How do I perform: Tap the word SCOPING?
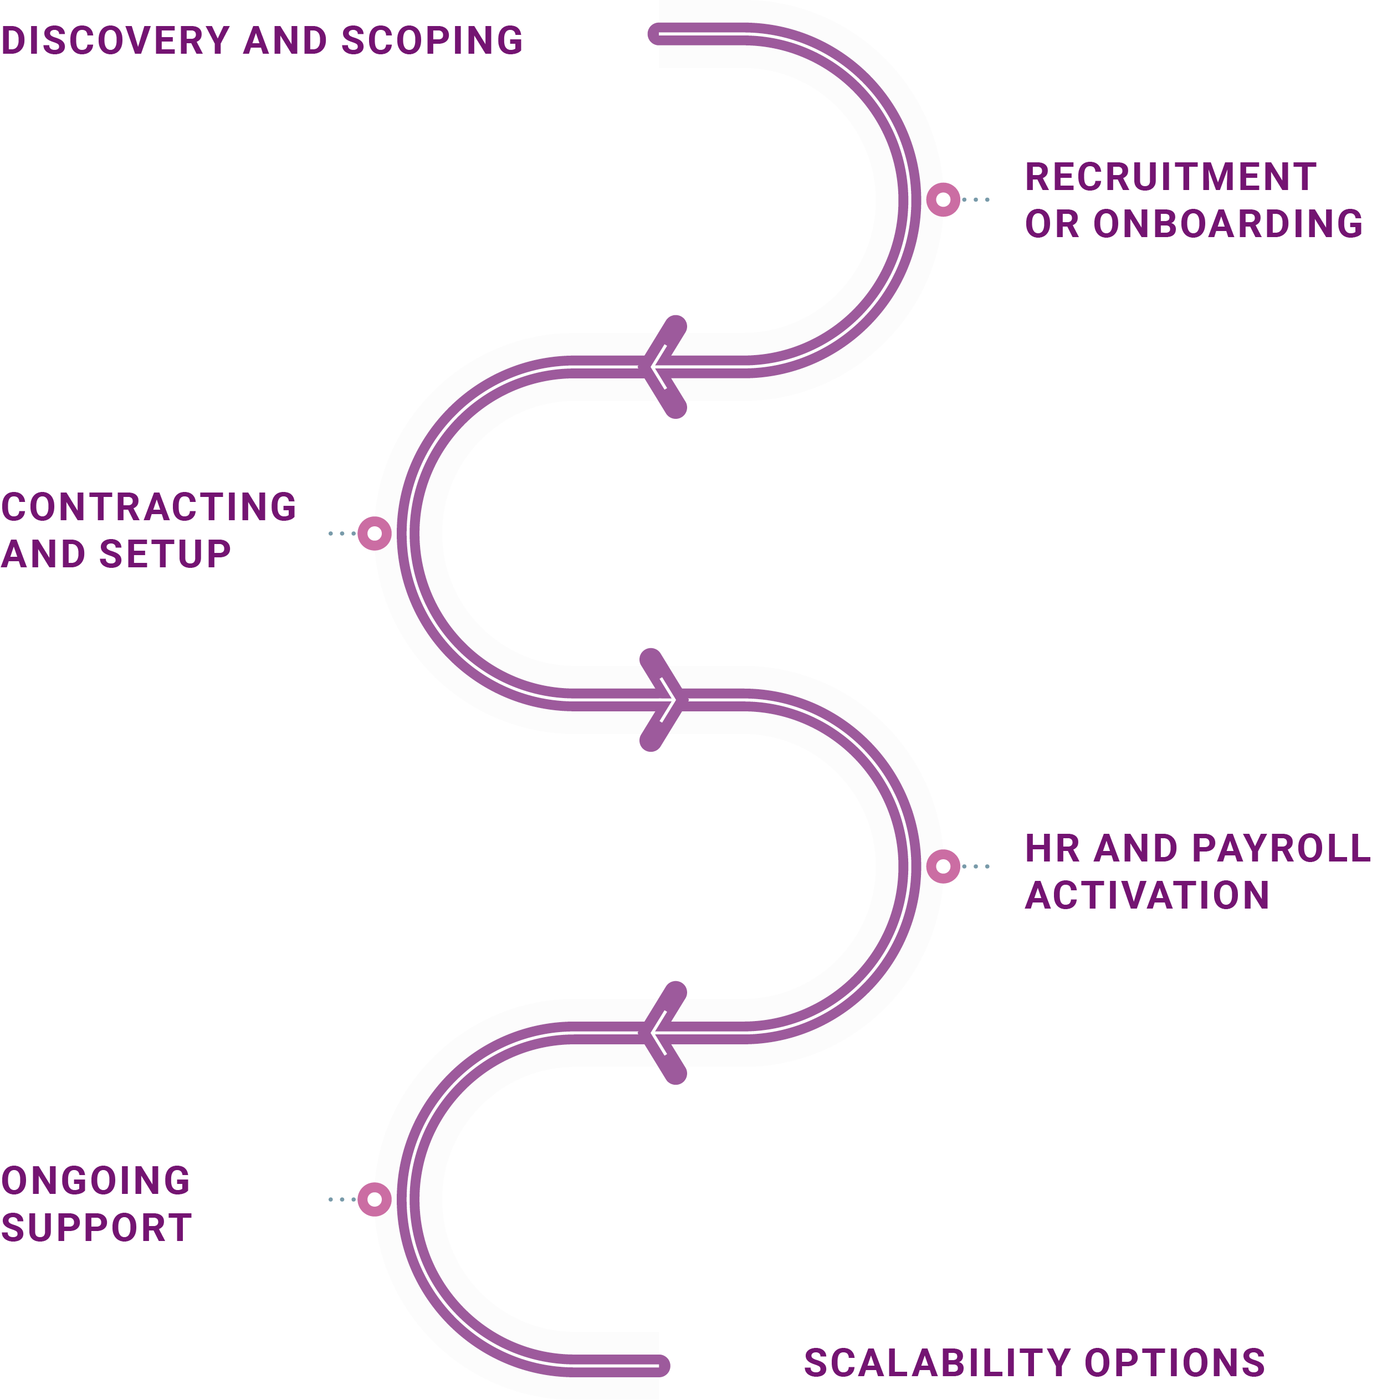point(432,40)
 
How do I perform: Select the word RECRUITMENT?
point(1170,177)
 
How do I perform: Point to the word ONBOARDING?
point(1228,224)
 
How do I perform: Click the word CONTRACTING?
point(149,507)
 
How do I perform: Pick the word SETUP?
point(165,555)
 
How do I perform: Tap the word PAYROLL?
point(1280,849)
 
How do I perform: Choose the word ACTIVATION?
point(1147,896)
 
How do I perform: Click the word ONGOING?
point(95,1182)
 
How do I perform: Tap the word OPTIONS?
point(1175,1363)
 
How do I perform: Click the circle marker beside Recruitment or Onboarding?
point(943,199)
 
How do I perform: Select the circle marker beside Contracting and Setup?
point(375,534)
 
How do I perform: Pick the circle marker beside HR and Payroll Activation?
point(943,866)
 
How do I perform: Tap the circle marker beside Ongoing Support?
point(375,1199)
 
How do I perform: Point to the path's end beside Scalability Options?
point(659,1365)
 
